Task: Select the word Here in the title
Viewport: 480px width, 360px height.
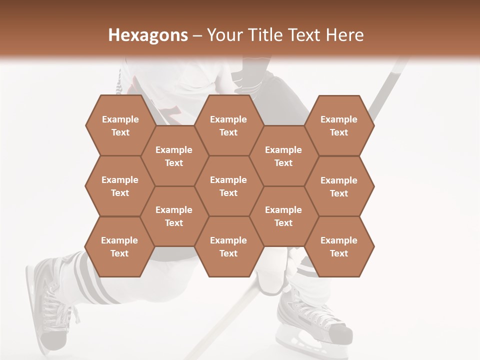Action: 344,35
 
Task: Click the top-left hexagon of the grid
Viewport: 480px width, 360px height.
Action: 120,125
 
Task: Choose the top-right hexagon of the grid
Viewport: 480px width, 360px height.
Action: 339,125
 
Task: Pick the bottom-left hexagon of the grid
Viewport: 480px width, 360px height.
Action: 119,246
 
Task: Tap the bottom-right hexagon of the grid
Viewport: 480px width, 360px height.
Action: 339,246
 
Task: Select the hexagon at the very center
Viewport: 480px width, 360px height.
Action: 228,186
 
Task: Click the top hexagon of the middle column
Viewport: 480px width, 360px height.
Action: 228,125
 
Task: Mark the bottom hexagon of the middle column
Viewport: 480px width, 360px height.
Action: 228,246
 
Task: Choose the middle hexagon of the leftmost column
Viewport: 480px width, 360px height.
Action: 120,186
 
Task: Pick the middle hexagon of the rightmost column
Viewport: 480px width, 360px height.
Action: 339,186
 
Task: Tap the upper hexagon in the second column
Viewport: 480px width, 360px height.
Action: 174,156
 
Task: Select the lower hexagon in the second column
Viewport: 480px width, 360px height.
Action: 174,216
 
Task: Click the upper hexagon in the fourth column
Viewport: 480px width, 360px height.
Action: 283,156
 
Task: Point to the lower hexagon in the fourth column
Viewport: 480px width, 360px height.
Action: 283,216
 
